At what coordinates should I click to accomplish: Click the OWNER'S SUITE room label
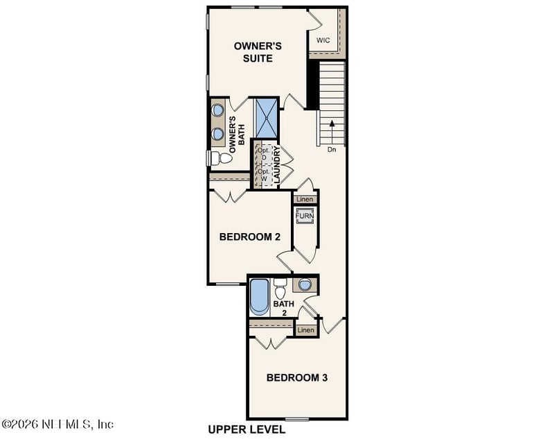(258, 52)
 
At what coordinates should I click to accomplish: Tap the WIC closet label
(323, 40)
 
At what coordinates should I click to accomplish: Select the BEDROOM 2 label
(249, 237)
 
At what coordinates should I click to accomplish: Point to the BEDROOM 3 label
(296, 378)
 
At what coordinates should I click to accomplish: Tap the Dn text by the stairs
(332, 149)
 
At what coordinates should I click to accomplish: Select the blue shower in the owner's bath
(266, 119)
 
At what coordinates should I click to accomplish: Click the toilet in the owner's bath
(220, 159)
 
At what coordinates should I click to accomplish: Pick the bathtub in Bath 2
(258, 296)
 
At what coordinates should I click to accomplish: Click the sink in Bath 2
(305, 284)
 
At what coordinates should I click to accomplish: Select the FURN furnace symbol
(305, 217)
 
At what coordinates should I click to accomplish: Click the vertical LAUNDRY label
(276, 165)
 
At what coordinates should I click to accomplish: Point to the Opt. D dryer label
(263, 154)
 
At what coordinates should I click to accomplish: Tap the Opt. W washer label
(263, 175)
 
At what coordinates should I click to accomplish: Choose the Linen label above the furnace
(305, 200)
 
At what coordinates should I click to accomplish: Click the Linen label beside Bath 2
(306, 330)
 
